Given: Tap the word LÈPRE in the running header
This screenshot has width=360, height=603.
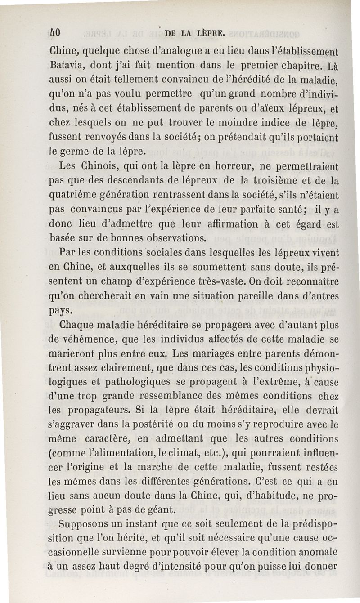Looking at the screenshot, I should click(x=212, y=32).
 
